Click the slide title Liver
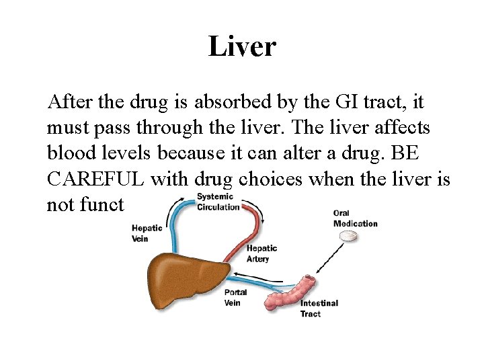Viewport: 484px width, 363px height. [242, 46]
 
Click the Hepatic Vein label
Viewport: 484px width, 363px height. [146, 233]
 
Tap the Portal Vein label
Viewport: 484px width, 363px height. [235, 297]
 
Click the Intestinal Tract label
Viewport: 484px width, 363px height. [319, 309]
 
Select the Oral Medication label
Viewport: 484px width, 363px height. [355, 218]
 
